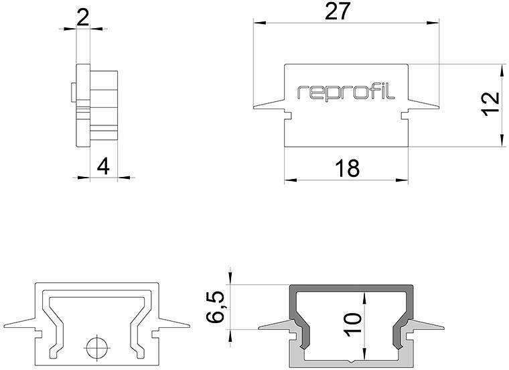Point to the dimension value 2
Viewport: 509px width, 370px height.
click(84, 16)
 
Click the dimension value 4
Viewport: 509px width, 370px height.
click(102, 166)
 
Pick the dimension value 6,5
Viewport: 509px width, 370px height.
click(215, 307)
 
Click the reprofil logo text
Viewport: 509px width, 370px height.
click(346, 92)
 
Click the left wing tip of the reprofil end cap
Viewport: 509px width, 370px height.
click(256, 107)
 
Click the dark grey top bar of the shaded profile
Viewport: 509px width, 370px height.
click(350, 288)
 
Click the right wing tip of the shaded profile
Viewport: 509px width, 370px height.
click(441, 328)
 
